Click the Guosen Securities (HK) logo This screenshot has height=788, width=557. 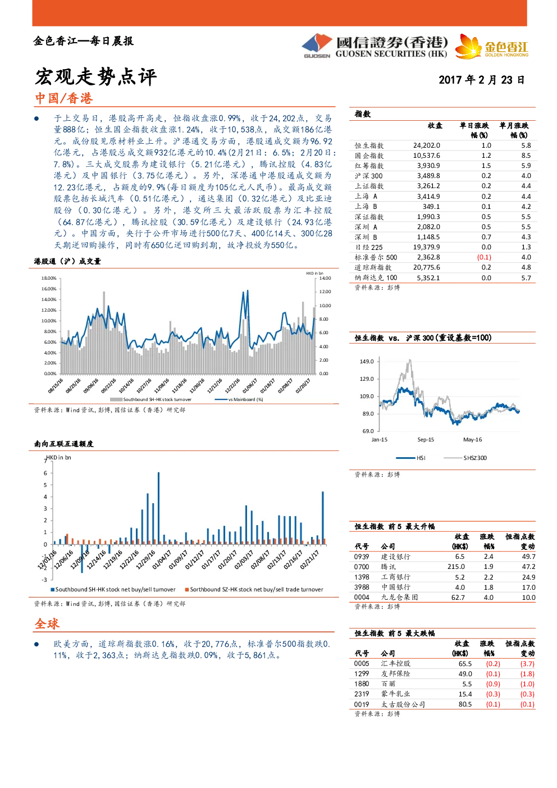point(375,46)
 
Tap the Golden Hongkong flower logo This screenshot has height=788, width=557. point(468,47)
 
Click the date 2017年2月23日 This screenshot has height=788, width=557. point(481,80)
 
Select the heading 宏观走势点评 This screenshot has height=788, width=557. point(95,76)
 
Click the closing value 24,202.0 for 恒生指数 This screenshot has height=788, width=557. point(426,145)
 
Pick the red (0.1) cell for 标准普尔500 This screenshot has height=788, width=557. point(484,257)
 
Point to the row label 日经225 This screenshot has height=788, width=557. point(368,247)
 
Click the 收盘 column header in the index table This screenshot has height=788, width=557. point(435,126)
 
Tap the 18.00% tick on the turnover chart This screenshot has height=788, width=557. point(49,278)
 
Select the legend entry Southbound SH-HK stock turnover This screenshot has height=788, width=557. point(151,399)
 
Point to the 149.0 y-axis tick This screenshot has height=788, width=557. point(367,361)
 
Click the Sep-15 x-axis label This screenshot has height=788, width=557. point(426,439)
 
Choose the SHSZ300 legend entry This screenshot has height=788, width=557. point(465,458)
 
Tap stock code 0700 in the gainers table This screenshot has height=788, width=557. point(362,567)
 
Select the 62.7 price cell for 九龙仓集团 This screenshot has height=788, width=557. point(458,598)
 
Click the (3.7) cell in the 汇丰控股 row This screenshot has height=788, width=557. point(527,663)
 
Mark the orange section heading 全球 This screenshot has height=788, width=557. point(47,623)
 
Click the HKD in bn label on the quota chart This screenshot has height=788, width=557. point(59,457)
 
